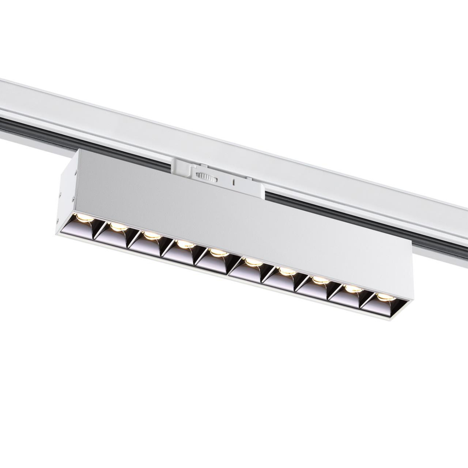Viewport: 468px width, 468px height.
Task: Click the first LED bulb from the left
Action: coord(84,218)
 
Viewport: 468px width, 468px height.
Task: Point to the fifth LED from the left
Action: coord(218,253)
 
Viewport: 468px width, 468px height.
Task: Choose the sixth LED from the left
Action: coord(253,262)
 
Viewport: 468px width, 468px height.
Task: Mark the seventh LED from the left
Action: coord(286,271)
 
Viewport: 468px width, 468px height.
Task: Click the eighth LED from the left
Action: coord(320,280)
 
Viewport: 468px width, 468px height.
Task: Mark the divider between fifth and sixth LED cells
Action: coord(234,266)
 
